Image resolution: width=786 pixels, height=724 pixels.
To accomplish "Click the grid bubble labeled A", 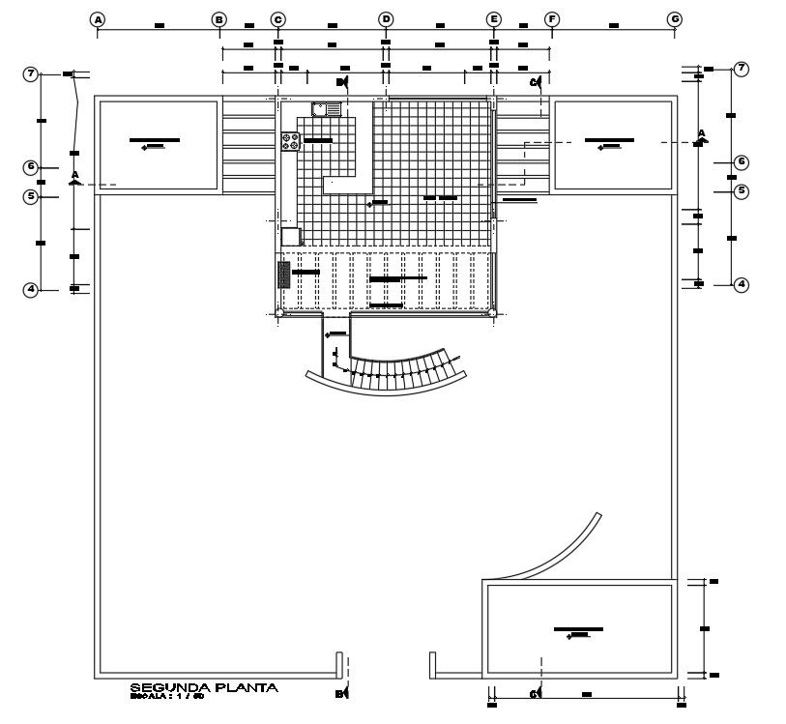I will [98, 19].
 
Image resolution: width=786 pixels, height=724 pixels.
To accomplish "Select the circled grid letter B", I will [219, 19].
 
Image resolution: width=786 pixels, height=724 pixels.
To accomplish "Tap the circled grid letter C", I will [277, 19].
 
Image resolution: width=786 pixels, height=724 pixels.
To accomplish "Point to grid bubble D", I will [386, 19].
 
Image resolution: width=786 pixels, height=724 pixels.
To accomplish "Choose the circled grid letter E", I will [494, 19].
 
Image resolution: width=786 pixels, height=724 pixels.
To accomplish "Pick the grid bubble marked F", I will [552, 19].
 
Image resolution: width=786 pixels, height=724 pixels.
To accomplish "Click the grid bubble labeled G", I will [675, 19].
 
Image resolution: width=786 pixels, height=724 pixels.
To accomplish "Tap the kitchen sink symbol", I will [327, 109].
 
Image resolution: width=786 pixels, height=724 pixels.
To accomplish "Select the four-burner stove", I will [290, 141].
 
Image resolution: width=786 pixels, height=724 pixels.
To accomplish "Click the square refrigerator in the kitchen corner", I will [291, 236].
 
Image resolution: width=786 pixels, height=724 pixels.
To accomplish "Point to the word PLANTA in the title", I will [247, 687].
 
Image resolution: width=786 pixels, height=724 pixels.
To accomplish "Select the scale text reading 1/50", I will [189, 696].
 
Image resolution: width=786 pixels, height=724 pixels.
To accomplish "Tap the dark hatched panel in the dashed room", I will [284, 275].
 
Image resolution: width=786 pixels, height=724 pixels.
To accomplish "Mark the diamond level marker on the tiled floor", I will [371, 204].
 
